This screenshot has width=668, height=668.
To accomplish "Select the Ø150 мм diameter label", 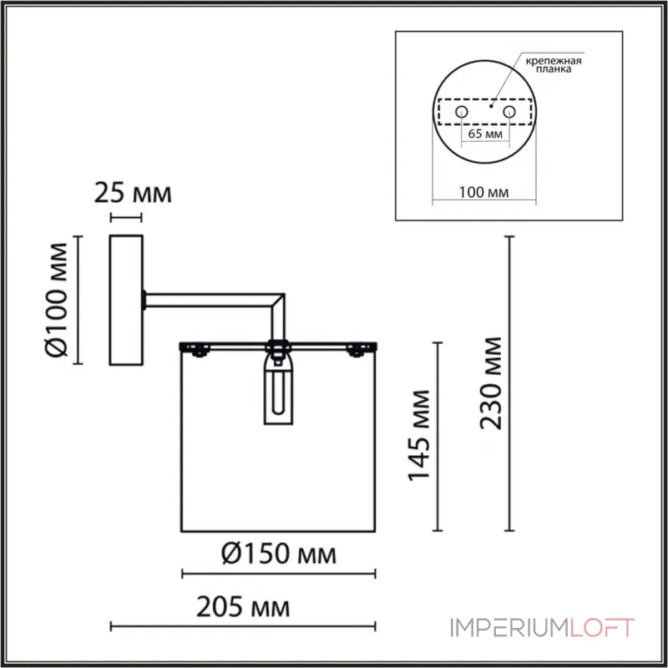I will pyautogui.click(x=280, y=554).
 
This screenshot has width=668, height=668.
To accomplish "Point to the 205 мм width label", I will pyautogui.click(x=245, y=607).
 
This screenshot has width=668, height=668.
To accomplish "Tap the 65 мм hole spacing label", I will pyautogui.click(x=484, y=133).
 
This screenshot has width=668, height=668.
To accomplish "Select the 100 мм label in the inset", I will pyautogui.click(x=484, y=191).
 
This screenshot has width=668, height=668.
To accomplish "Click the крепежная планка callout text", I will pyautogui.click(x=553, y=66).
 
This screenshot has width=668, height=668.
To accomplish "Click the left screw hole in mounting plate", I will pyautogui.click(x=460, y=111).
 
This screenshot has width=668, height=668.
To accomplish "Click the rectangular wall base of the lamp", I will pyautogui.click(x=127, y=301).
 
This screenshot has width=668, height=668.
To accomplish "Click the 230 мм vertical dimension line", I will pyautogui.click(x=510, y=384).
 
